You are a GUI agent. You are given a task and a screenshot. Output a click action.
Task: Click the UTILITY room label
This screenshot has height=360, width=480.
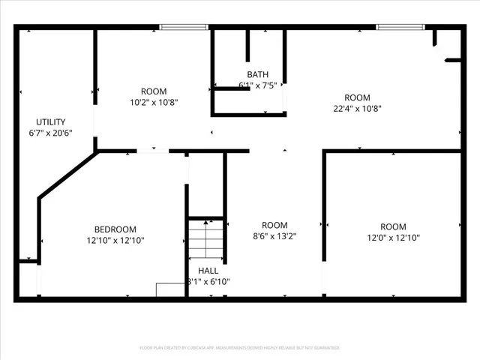(51, 121)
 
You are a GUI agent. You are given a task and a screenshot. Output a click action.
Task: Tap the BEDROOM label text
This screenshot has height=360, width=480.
(115, 229)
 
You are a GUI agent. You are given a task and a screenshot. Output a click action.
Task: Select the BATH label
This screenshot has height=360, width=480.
(257, 74)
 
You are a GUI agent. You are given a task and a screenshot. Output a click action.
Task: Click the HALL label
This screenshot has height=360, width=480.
(208, 271)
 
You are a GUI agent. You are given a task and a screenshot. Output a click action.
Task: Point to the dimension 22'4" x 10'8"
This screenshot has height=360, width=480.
(357, 109)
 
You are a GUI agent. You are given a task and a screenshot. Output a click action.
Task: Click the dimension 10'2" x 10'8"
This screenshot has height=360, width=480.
(153, 103)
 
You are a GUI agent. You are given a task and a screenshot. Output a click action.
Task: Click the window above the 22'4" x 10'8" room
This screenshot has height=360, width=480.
(399, 28)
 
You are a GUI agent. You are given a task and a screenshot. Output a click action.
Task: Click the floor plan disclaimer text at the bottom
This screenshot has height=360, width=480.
(239, 348)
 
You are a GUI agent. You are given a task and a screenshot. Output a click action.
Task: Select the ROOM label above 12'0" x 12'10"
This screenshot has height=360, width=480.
(393, 226)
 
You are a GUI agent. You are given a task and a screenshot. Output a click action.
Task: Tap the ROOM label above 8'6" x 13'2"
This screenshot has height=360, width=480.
(274, 226)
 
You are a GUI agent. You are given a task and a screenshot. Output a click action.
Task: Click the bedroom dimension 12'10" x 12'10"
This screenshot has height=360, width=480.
(115, 241)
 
